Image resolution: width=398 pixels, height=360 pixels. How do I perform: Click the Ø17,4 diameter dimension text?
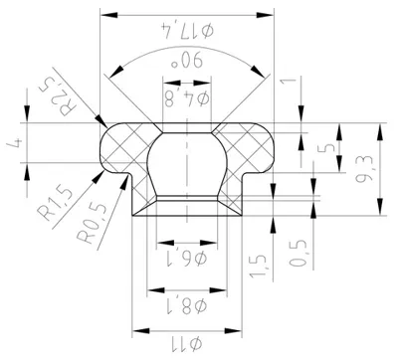187,30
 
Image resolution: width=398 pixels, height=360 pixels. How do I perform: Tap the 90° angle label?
186,61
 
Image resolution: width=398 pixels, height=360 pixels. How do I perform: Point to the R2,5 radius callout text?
58,95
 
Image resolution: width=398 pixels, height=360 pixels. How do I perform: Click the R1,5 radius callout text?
55,203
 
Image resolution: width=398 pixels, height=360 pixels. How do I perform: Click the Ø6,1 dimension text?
187,258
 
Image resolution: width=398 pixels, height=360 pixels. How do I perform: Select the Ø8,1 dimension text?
186,305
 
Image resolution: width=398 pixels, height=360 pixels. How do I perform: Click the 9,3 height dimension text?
364,169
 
